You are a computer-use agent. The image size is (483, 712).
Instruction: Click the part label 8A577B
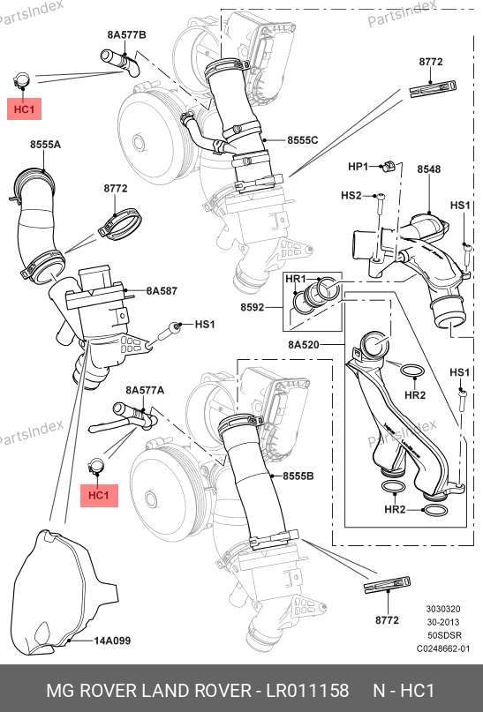127,35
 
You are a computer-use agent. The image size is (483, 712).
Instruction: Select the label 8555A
45,145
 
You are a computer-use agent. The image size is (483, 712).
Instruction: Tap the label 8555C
303,140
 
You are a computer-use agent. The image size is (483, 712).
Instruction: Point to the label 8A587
162,290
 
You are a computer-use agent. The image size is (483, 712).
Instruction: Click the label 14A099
112,641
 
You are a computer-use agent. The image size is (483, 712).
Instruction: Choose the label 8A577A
145,390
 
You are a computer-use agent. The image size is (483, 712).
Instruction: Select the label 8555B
298,476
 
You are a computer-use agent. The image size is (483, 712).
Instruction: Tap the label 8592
253,307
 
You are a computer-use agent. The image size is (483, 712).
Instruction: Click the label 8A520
304,345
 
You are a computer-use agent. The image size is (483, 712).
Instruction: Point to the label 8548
429,169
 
